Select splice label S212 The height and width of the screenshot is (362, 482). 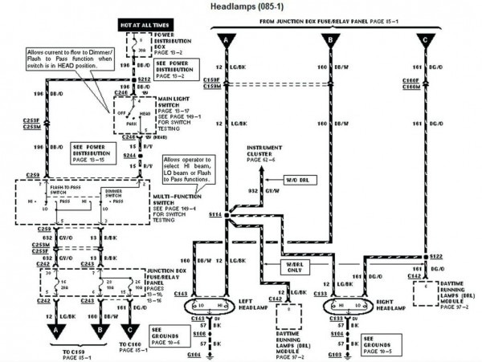(x=145, y=79)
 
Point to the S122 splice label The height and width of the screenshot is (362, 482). (x=436, y=256)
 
